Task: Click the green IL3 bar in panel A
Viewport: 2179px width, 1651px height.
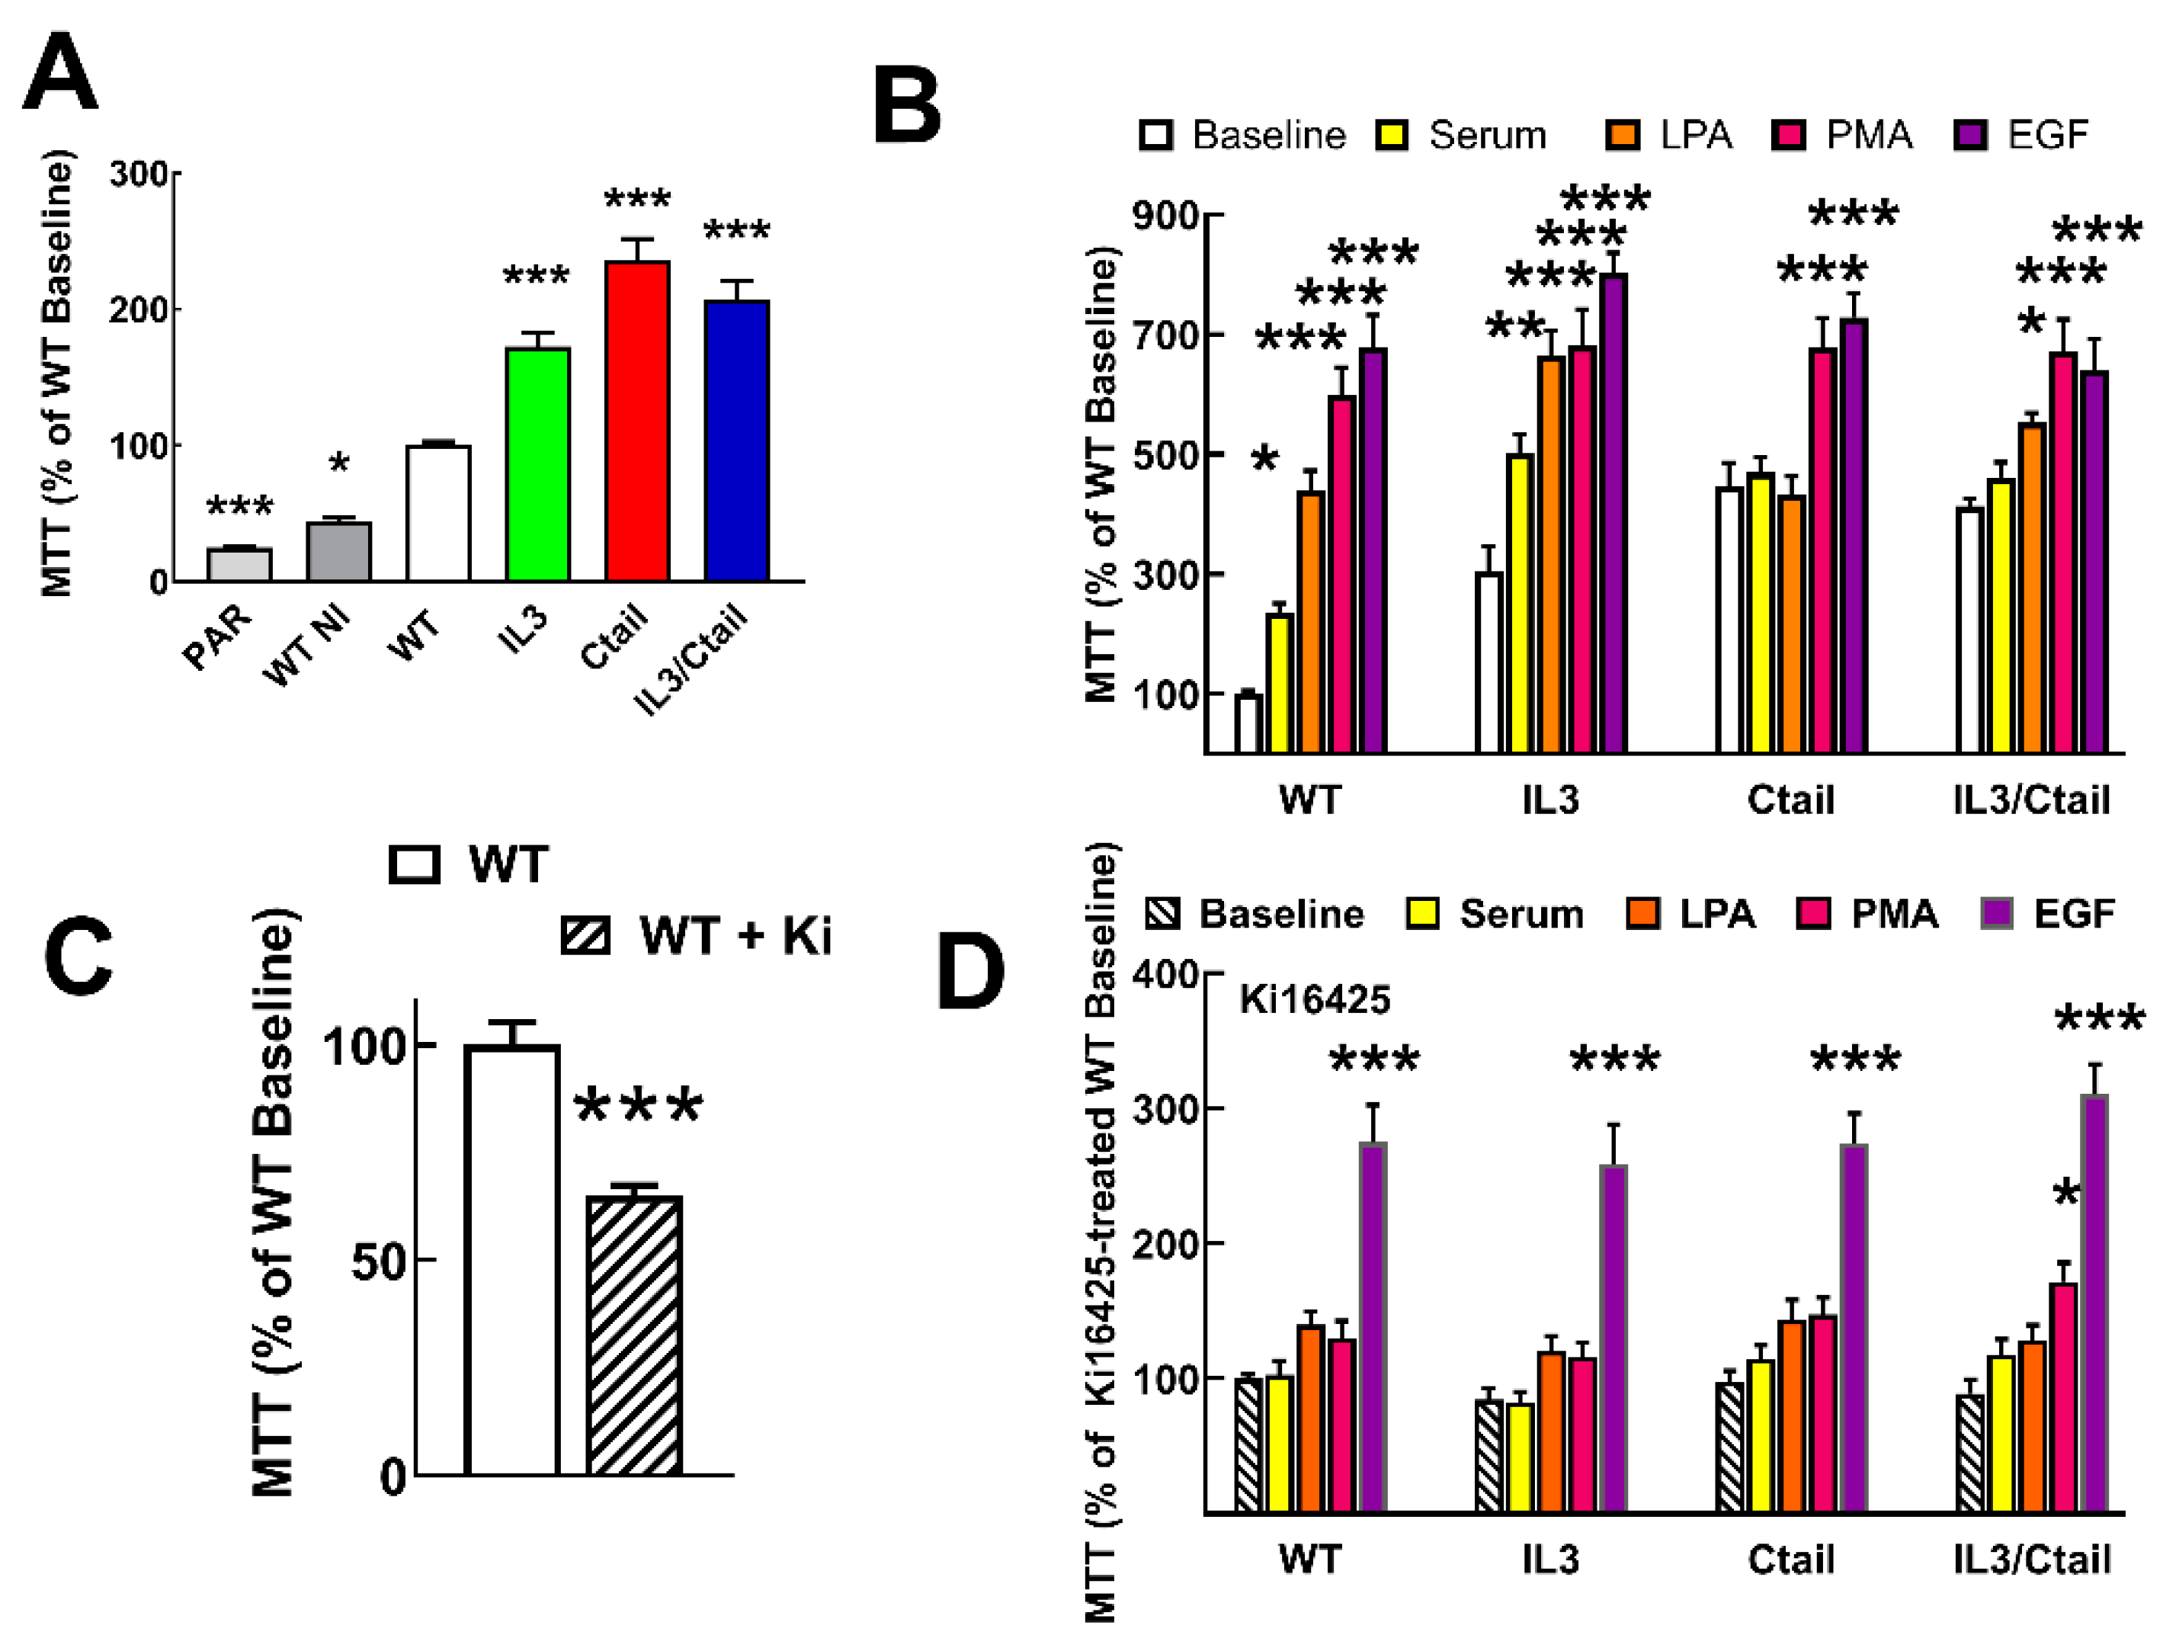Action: pyautogui.click(x=538, y=465)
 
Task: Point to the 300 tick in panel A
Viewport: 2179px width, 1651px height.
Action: pyautogui.click(x=139, y=175)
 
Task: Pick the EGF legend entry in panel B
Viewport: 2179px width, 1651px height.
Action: pyautogui.click(x=2022, y=135)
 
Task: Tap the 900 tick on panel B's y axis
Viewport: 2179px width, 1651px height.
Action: pyautogui.click(x=1165, y=216)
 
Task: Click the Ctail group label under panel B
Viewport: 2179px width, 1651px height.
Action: pyautogui.click(x=1791, y=800)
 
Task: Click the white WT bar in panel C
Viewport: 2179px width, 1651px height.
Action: pyautogui.click(x=512, y=1261)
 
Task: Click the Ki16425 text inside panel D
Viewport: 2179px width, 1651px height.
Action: pyautogui.click(x=1314, y=1000)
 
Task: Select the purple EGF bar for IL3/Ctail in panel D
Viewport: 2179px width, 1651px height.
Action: pyautogui.click(x=2095, y=1304)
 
